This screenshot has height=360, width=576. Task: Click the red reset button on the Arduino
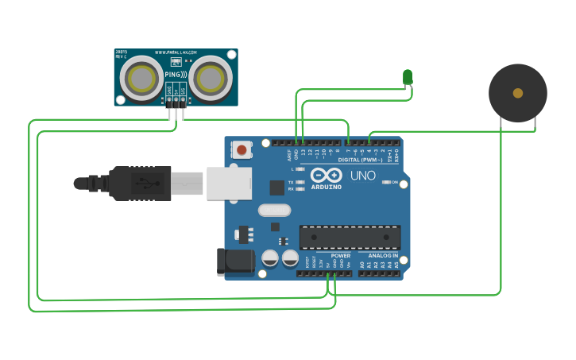(242, 149)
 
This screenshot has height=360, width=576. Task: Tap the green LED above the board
(408, 76)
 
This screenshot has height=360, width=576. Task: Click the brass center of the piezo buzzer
(518, 93)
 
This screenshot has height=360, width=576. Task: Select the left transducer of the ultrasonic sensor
(142, 78)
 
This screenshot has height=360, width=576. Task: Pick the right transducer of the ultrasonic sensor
(211, 78)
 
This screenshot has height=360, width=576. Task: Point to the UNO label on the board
(363, 175)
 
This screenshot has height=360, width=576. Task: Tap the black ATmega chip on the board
(350, 237)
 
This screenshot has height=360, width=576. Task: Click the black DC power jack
(235, 261)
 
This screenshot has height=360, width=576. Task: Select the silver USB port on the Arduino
(229, 182)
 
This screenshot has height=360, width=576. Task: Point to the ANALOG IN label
(383, 256)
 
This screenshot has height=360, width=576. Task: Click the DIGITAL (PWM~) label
(365, 160)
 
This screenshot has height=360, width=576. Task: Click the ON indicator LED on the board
(385, 182)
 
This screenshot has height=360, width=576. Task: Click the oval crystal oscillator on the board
(275, 211)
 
